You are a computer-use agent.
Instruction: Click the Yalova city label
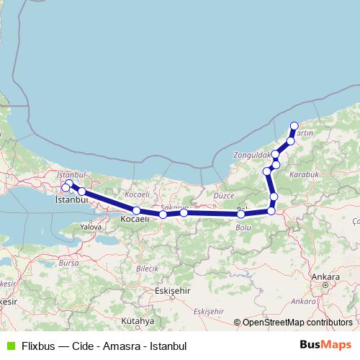point(91,226)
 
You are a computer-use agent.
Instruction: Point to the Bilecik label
point(146,268)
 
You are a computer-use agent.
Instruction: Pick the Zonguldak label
point(251,155)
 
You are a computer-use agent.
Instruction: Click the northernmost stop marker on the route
point(294,126)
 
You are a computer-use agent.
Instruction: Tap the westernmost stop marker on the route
point(66,188)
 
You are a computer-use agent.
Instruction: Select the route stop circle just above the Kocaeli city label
point(137,211)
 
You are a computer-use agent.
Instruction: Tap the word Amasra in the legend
point(120,346)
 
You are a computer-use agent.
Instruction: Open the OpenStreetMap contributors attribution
point(297,323)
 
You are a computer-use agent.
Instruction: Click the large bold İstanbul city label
point(71,200)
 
